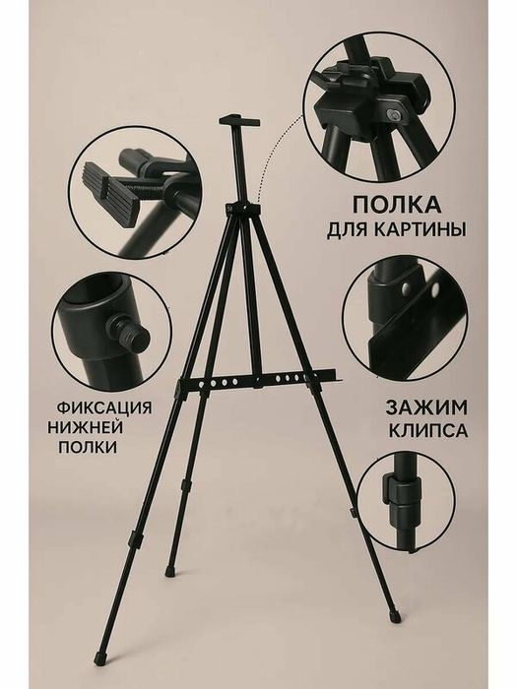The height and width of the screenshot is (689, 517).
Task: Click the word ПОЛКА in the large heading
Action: pyautogui.click(x=396, y=205)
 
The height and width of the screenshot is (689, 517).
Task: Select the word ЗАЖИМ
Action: pyautogui.click(x=426, y=407)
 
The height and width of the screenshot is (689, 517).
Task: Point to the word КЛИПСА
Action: pyautogui.click(x=428, y=431)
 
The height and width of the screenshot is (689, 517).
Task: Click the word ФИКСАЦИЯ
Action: pyautogui.click(x=104, y=407)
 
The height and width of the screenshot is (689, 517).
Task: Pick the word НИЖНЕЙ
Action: pyautogui.click(x=86, y=427)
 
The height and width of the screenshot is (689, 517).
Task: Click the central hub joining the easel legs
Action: pyautogui.click(x=241, y=209)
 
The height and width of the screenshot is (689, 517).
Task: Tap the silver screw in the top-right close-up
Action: pyautogui.click(x=391, y=115)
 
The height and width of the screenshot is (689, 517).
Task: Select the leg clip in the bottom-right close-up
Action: pyautogui.click(x=401, y=491)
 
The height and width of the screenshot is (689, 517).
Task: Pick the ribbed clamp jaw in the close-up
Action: pyautogui.click(x=114, y=186)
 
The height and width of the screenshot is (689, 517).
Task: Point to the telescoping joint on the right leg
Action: pyautogui.click(x=353, y=513)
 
